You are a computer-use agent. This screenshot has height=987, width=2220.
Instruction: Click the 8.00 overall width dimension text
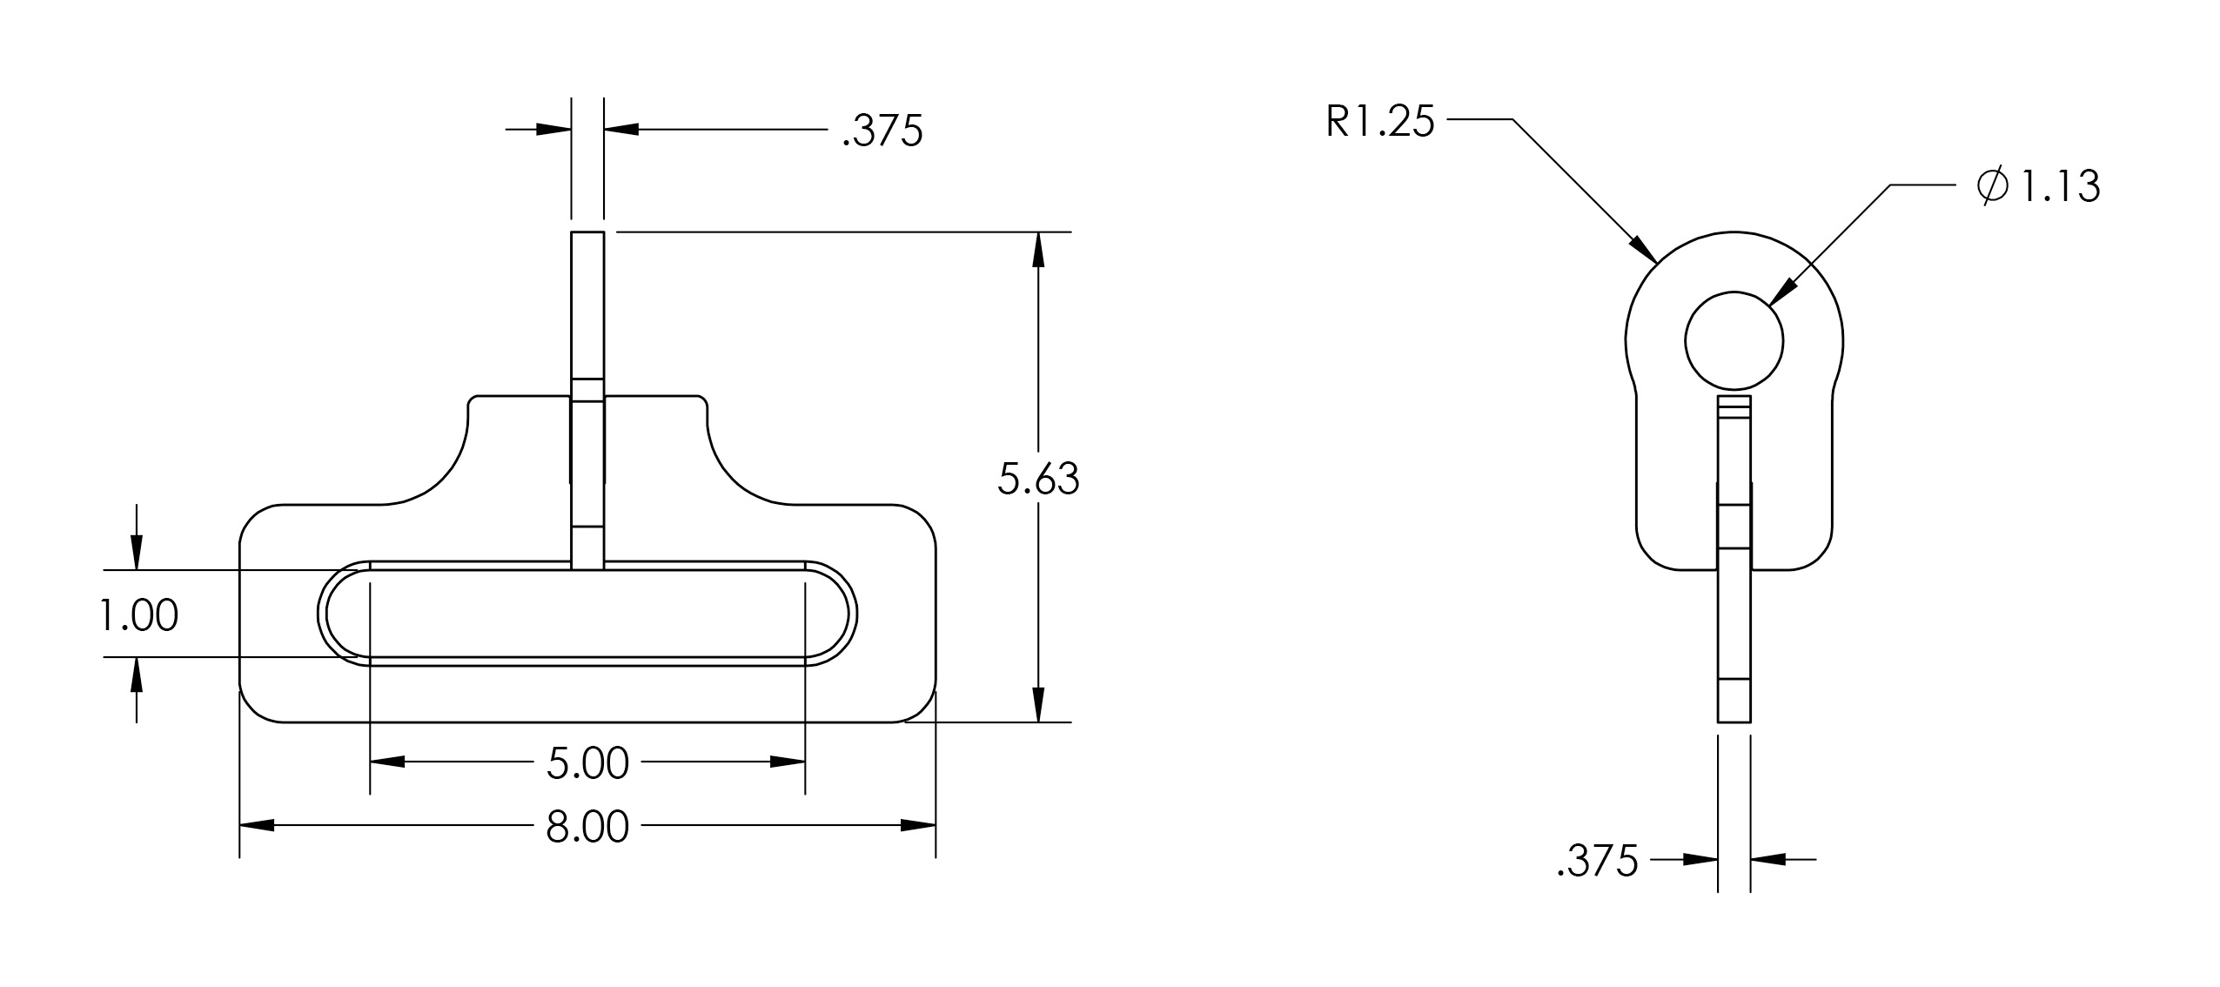click(x=587, y=828)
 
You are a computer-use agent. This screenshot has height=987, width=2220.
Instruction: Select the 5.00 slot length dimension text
click(x=587, y=764)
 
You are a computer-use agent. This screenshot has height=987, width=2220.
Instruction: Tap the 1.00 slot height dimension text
click(x=138, y=616)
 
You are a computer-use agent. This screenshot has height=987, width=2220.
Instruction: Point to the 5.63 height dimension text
click(x=1038, y=480)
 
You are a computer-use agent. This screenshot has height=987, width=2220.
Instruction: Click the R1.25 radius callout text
click(x=1380, y=122)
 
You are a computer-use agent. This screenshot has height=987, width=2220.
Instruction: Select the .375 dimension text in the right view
click(x=1598, y=862)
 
